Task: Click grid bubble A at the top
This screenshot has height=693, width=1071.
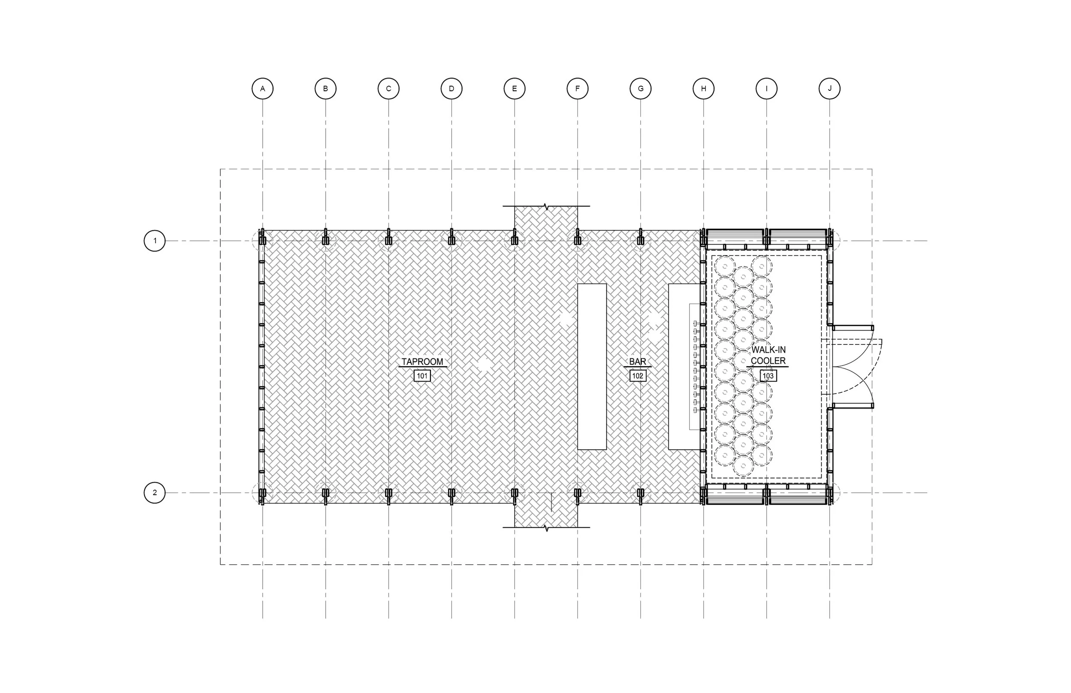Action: (x=262, y=89)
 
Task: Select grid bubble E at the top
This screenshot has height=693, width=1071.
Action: (x=515, y=89)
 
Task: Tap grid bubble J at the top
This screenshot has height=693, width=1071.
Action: (x=829, y=89)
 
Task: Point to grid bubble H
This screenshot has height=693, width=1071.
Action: (x=703, y=89)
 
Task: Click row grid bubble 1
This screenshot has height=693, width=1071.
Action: (x=155, y=241)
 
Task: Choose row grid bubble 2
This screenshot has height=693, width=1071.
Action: (x=155, y=492)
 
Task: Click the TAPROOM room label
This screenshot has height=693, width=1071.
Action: (x=422, y=362)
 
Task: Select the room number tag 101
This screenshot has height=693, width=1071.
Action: (x=422, y=376)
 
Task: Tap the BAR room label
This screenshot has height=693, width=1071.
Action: (x=637, y=362)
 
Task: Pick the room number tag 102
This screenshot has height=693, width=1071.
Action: (x=637, y=376)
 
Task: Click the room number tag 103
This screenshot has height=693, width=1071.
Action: (x=768, y=376)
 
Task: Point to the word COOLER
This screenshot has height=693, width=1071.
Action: (x=768, y=361)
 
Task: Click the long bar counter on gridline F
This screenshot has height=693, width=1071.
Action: (x=592, y=366)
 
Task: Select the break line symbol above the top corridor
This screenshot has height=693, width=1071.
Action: (x=546, y=206)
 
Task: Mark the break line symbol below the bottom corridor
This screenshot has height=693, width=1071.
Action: (x=546, y=528)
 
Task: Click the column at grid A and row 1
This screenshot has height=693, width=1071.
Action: (x=263, y=241)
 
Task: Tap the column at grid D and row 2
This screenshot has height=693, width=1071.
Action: (x=452, y=493)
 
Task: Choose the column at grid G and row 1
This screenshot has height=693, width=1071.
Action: (x=640, y=241)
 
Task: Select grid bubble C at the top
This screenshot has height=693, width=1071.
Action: (x=389, y=89)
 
